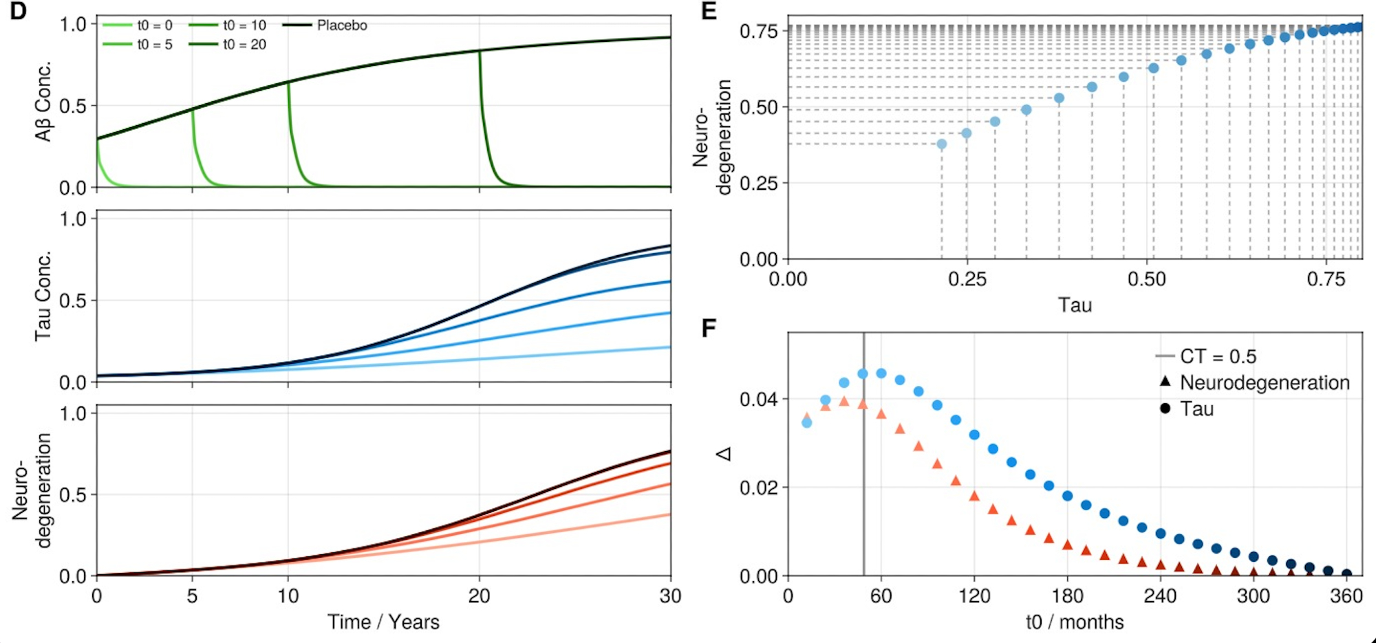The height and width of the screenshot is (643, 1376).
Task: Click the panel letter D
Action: pyautogui.click(x=18, y=11)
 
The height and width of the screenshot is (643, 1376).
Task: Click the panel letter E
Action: pyautogui.click(x=709, y=11)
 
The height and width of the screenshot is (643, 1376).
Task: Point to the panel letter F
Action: pyautogui.click(x=709, y=328)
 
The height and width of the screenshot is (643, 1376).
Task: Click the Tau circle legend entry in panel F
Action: pyautogui.click(x=1196, y=409)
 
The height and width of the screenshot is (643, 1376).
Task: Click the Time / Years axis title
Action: pyautogui.click(x=383, y=622)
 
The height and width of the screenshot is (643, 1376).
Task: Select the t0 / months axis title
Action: pyautogui.click(x=1075, y=622)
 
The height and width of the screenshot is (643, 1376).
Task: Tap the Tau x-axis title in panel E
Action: pyautogui.click(x=1075, y=305)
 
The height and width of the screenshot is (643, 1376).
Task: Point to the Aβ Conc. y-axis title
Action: pyautogui.click(x=43, y=102)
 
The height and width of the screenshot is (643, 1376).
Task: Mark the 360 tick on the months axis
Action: pyautogui.click(x=1346, y=596)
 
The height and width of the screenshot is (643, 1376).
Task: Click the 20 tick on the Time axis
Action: pyautogui.click(x=479, y=596)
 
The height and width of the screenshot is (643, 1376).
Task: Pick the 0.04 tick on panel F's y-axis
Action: pyautogui.click(x=759, y=399)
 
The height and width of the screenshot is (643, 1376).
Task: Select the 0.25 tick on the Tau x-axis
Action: pyautogui.click(x=967, y=279)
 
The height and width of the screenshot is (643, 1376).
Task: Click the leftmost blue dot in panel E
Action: pyautogui.click(x=942, y=144)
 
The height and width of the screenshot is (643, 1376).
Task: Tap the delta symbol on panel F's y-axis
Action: pyautogui.click(x=724, y=454)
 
